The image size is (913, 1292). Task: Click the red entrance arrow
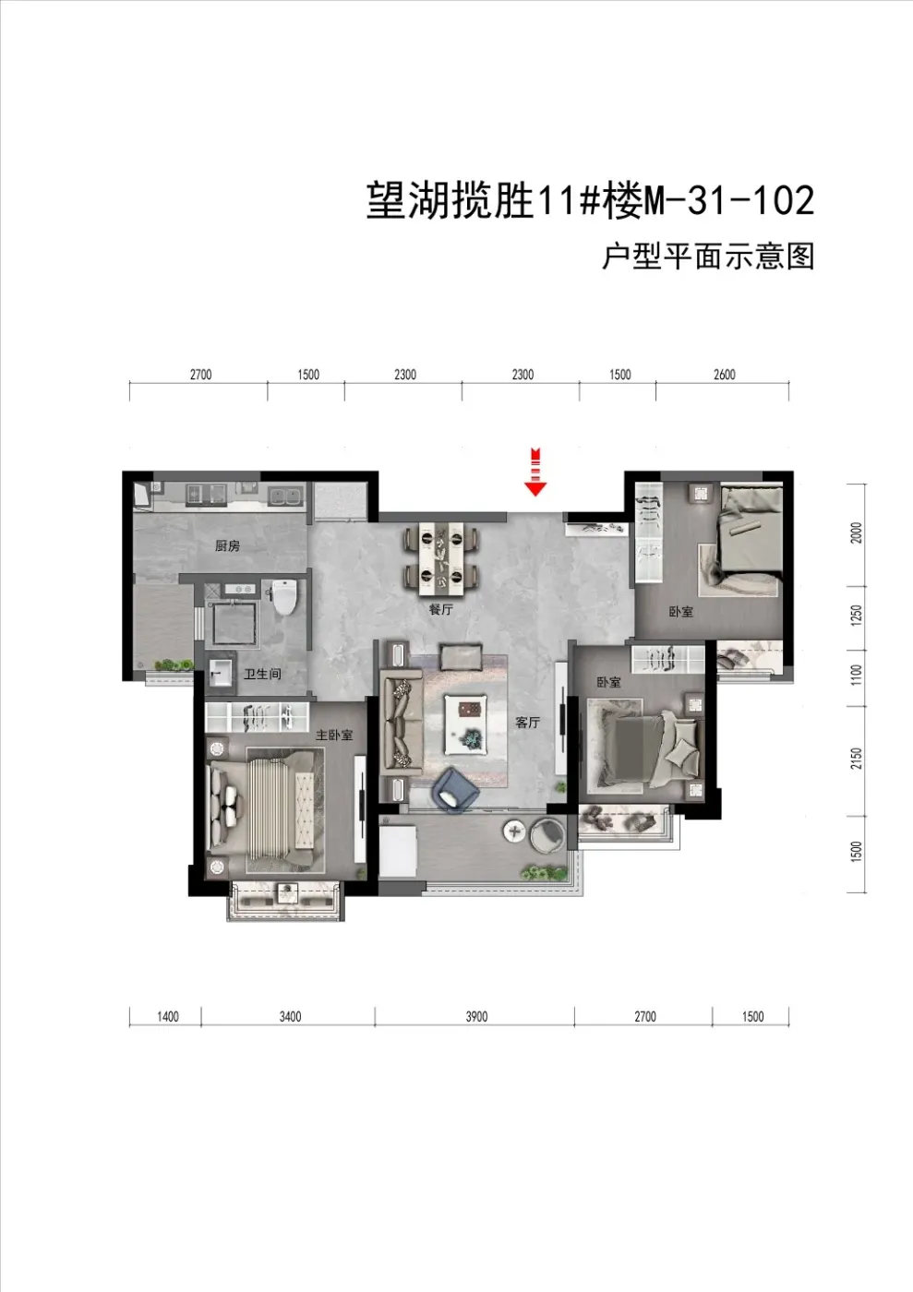tap(535, 472)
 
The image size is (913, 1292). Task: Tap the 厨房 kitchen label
tap(227, 545)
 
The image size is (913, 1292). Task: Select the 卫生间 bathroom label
tap(262, 674)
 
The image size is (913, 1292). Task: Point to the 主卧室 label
tap(334, 735)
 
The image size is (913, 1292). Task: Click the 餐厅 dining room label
tap(441, 610)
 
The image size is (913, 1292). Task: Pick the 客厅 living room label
tap(527, 722)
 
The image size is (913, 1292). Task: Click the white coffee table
tap(465, 724)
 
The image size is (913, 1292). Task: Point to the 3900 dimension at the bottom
tap(477, 1016)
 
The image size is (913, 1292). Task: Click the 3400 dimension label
tap(290, 1016)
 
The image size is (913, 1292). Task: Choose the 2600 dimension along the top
tap(725, 375)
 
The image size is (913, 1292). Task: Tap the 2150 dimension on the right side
tap(857, 758)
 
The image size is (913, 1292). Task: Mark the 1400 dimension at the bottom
tap(168, 1016)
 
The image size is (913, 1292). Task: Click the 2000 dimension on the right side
tap(857, 532)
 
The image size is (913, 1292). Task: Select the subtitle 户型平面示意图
tap(708, 257)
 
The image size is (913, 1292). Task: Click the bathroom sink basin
tap(220, 672)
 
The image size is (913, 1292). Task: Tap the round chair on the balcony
tap(547, 834)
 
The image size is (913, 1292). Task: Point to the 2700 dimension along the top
tap(201, 375)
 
